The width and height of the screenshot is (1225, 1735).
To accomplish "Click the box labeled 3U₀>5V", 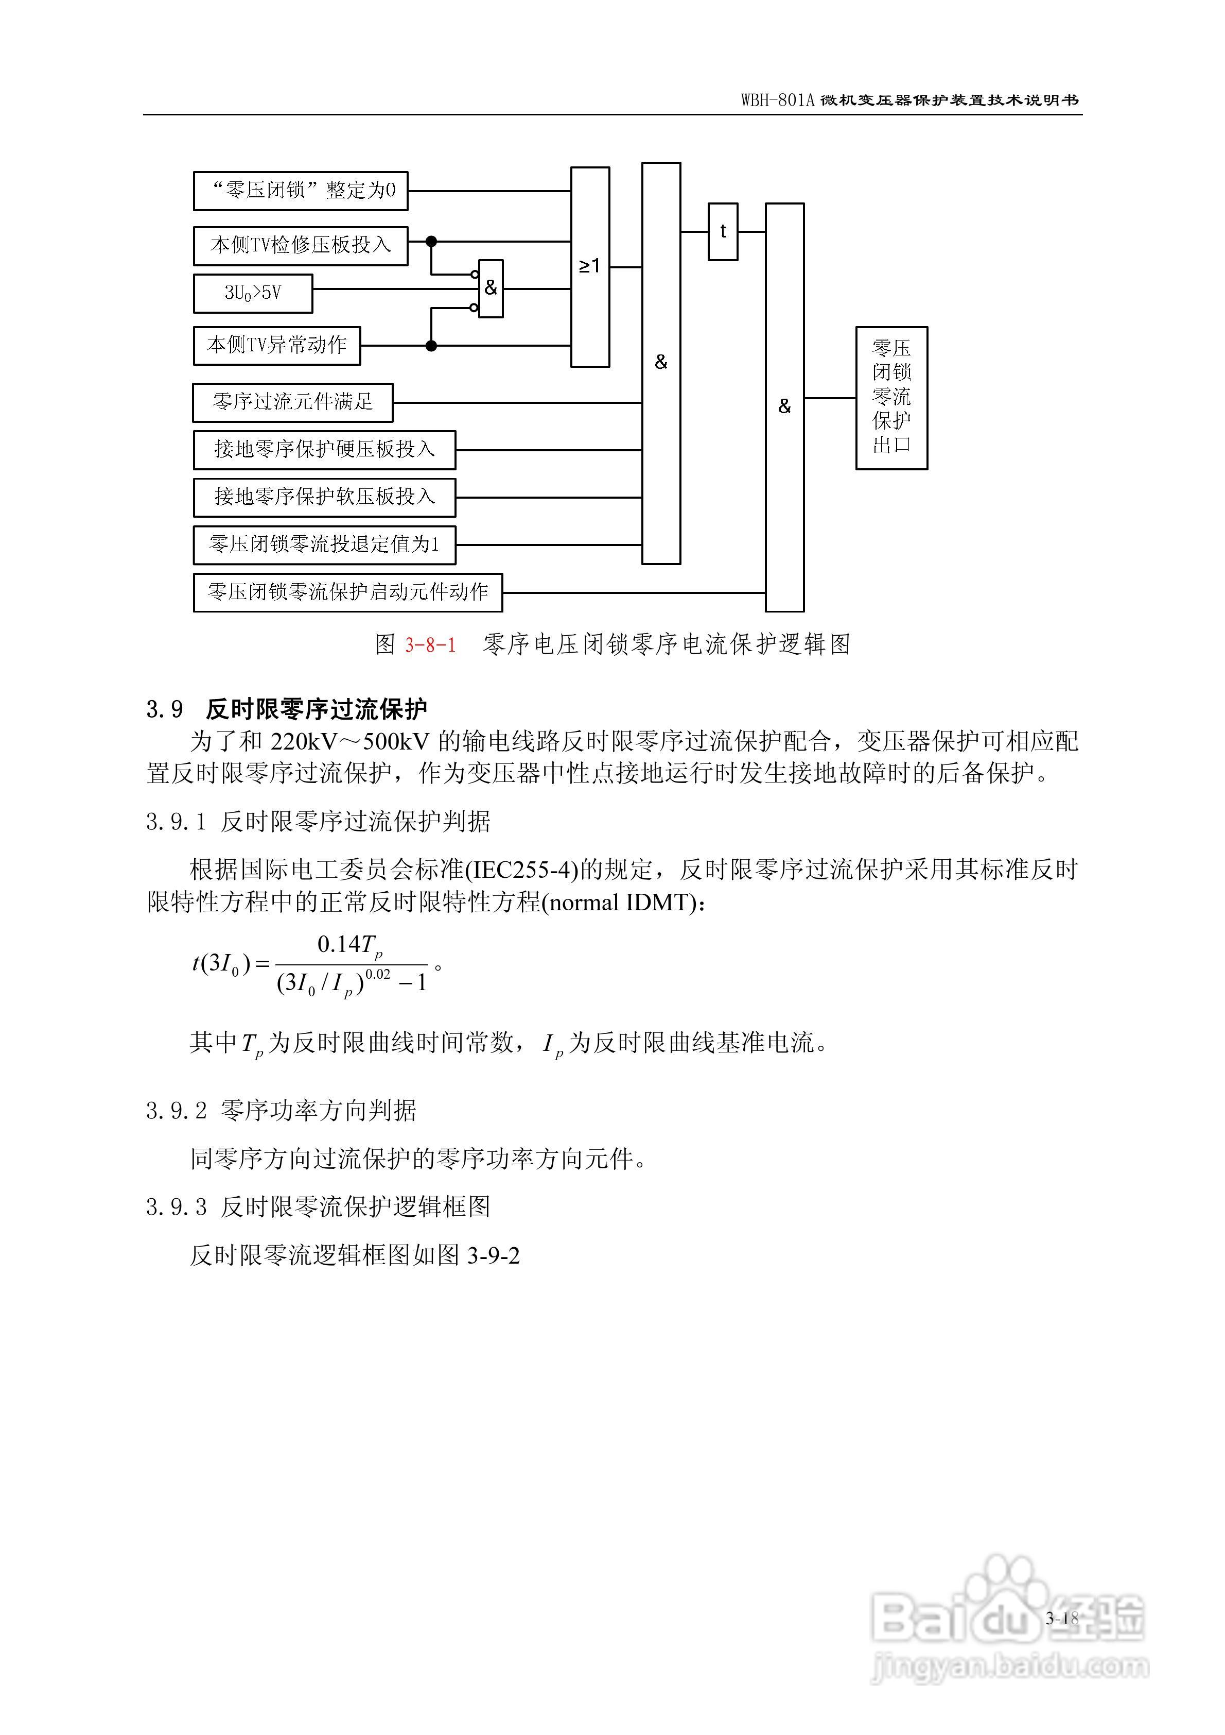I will [253, 293].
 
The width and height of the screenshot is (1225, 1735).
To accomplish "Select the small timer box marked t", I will [723, 232].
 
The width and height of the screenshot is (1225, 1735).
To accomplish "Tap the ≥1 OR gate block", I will [590, 267].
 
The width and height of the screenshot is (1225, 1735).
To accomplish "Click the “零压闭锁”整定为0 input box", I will [301, 191].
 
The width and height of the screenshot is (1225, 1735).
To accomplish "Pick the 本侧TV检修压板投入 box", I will [301, 246].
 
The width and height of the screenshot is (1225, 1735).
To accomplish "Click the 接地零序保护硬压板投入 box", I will [325, 450].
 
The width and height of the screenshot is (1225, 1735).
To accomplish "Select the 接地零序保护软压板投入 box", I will [325, 497].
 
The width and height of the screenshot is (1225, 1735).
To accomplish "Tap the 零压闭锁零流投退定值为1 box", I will [325, 545].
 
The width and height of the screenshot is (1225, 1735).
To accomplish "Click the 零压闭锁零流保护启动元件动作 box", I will [348, 592].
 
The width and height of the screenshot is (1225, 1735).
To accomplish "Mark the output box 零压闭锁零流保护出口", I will [891, 398].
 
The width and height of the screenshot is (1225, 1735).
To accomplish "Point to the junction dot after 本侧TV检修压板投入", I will [431, 242].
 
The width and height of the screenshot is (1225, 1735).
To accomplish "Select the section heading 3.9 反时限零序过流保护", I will [287, 709].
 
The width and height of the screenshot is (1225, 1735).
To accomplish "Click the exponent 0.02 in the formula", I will [378, 975].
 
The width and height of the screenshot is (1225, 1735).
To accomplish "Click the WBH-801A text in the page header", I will [778, 100].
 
